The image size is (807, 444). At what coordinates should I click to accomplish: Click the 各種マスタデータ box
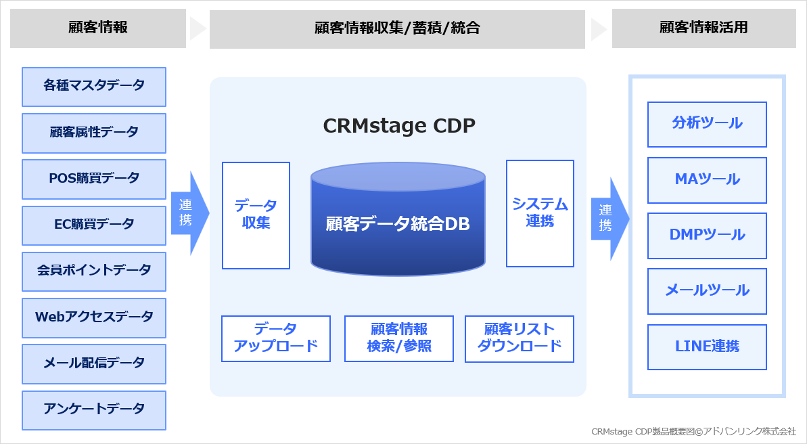click(x=94, y=87)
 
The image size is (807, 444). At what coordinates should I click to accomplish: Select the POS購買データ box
click(x=94, y=179)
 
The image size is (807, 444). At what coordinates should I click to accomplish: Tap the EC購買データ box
click(x=94, y=225)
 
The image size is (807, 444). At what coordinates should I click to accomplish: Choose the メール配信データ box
click(x=94, y=363)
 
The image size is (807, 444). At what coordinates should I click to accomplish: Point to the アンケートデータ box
click(x=94, y=409)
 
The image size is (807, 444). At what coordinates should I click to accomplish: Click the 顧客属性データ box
click(x=94, y=133)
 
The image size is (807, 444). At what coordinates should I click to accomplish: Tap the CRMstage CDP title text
click(x=399, y=126)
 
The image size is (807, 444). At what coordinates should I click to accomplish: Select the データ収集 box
click(x=256, y=215)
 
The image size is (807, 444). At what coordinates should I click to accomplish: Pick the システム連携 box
click(x=540, y=213)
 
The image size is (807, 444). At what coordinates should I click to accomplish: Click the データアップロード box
click(x=276, y=338)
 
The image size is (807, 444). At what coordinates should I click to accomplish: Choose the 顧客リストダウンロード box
click(x=520, y=338)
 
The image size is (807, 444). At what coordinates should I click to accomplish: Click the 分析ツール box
click(x=707, y=124)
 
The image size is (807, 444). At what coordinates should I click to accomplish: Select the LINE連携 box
click(x=707, y=347)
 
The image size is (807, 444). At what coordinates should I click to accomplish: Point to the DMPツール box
click(x=707, y=236)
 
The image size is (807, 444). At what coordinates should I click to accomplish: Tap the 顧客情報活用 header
click(x=704, y=28)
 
